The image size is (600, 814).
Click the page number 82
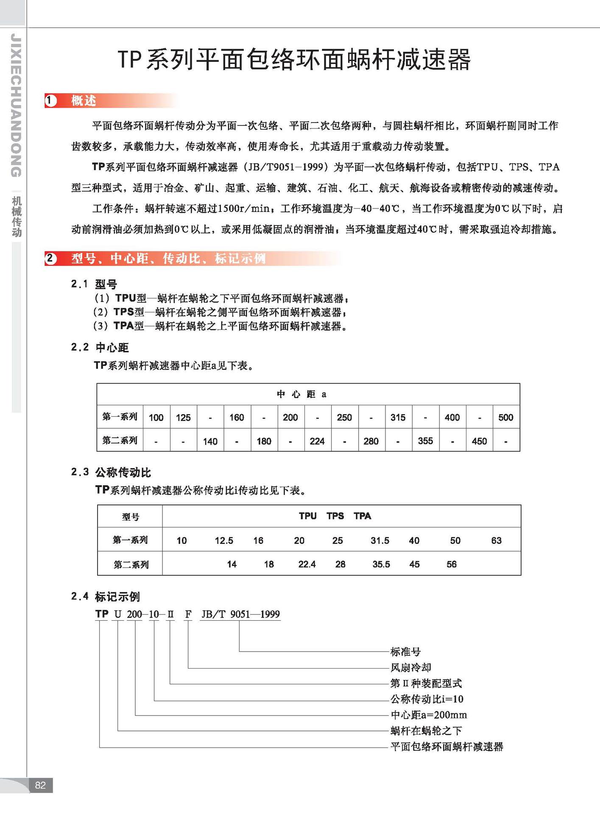(40, 785)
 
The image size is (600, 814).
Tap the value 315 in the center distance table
(398, 417)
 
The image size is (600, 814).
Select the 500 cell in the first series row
(505, 417)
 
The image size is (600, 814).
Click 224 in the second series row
(317, 441)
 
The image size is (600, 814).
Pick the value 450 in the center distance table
(479, 441)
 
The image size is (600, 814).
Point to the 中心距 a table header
(301, 394)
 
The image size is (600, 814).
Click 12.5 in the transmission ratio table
(224, 541)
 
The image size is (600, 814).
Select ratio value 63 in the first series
(496, 541)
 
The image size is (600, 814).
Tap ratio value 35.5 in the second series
(381, 564)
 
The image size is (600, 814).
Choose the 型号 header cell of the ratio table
(130, 517)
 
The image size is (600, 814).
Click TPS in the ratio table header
(335, 516)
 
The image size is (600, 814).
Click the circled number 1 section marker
(51, 101)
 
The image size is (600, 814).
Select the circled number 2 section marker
(51, 258)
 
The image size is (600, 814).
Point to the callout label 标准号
(405, 652)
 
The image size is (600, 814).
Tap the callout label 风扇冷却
(410, 667)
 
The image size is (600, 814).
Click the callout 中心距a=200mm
(428, 715)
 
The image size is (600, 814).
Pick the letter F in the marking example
(188, 614)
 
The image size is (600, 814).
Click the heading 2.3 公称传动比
(111, 472)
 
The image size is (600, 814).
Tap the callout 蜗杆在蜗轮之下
(426, 730)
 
